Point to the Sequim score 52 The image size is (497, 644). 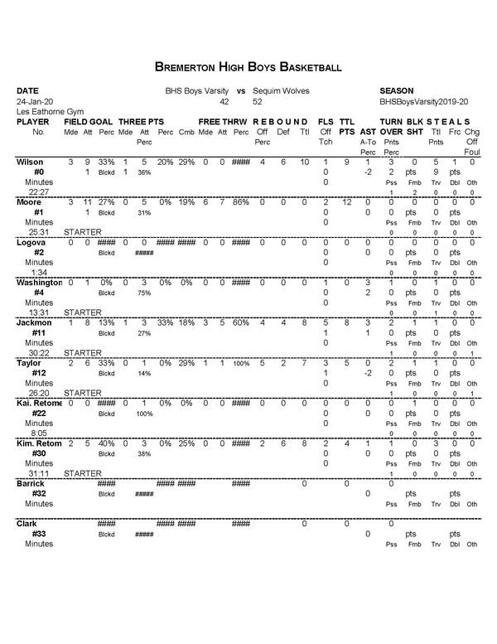tap(258, 101)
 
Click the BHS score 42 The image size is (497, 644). tap(224, 101)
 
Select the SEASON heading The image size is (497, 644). tap(398, 90)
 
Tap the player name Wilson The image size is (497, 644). tap(30, 161)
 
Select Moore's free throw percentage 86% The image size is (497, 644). tap(240, 201)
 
